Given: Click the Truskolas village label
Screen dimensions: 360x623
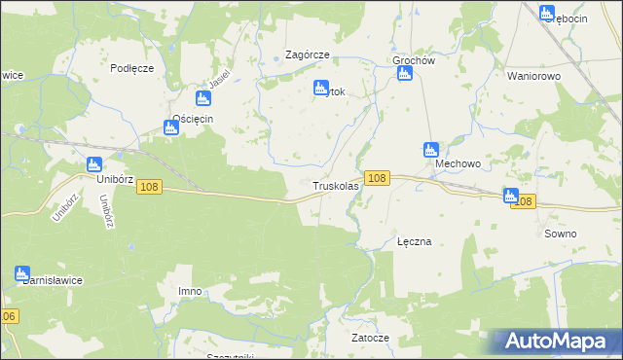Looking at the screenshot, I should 337,185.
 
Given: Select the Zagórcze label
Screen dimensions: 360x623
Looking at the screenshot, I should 307,55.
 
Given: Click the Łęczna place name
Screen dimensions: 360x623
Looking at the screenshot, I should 415,241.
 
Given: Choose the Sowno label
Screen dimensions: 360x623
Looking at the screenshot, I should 561,234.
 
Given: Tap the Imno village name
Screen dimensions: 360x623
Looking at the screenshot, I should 191,291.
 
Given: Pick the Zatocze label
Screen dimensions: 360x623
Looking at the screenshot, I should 370,338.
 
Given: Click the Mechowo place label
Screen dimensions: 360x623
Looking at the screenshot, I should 458,164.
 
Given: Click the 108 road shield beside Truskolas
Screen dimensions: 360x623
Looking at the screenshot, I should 379,178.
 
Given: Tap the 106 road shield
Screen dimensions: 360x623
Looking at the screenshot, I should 9,317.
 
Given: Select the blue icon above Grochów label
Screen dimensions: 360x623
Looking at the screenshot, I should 404,74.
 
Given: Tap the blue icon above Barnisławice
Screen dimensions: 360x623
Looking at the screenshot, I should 23,274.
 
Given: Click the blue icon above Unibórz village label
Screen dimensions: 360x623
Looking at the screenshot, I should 94,165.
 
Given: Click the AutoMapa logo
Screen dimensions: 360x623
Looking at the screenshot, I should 558,342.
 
